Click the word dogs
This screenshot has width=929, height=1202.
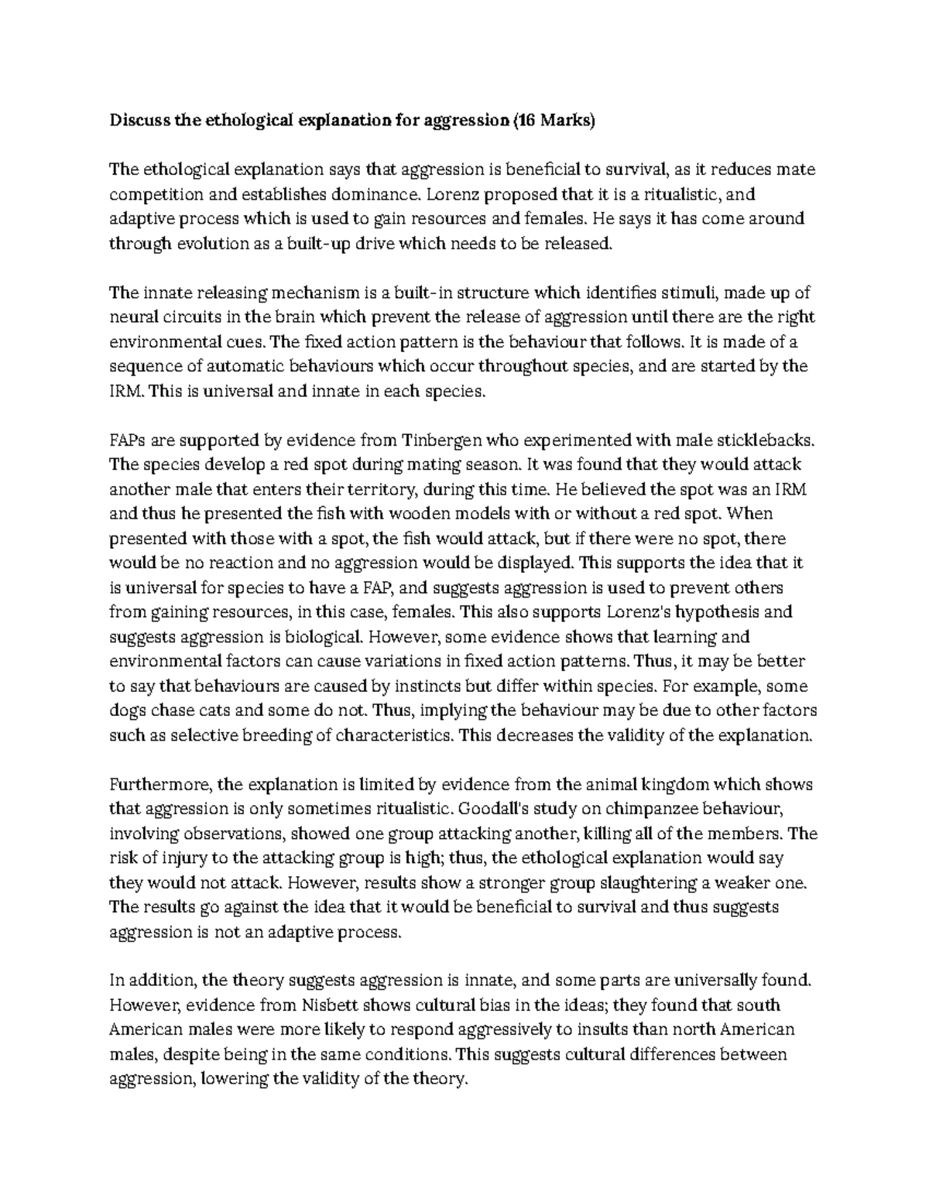pos(126,711)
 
